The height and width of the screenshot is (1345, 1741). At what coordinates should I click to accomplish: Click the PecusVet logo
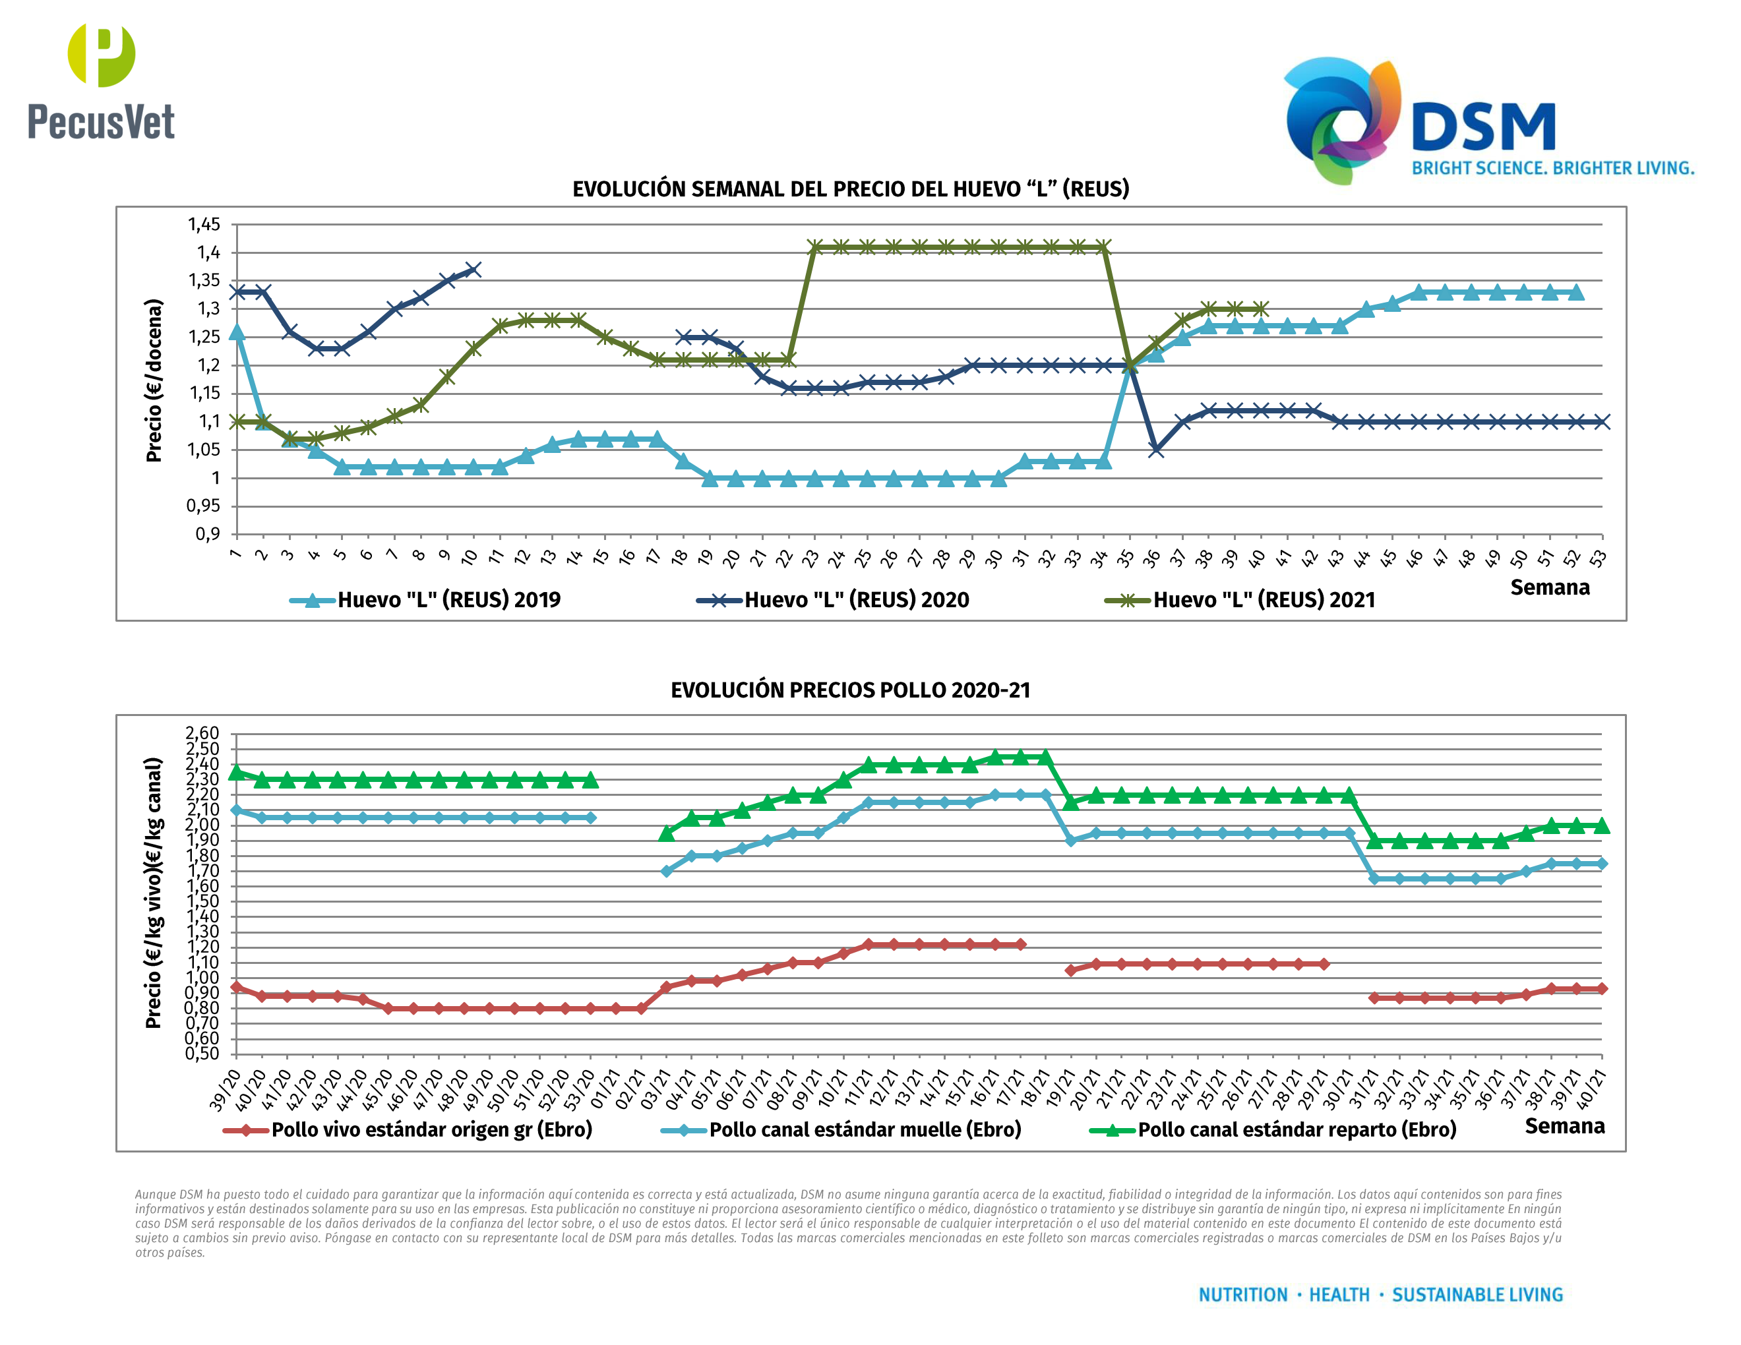point(102,82)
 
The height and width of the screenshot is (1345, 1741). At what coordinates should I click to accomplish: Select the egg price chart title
point(851,189)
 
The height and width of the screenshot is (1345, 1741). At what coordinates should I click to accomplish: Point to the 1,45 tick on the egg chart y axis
point(204,225)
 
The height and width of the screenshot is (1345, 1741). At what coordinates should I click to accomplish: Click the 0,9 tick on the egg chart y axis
point(207,534)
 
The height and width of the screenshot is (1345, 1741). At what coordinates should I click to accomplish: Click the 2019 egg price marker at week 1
point(237,332)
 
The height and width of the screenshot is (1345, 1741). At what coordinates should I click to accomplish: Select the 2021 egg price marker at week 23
point(814,247)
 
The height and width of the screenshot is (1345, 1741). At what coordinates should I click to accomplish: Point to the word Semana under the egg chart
point(1549,587)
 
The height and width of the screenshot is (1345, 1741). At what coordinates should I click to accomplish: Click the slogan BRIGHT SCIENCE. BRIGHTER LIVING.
point(1552,168)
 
